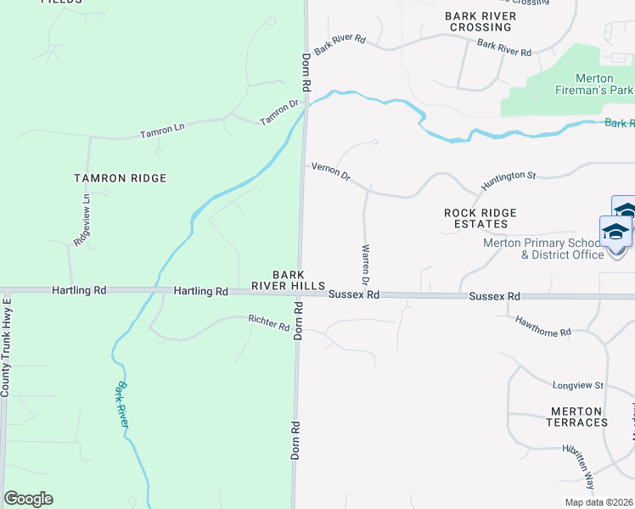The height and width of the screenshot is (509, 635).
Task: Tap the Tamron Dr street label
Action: click(280, 112)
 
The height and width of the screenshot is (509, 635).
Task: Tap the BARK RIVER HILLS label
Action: click(298, 280)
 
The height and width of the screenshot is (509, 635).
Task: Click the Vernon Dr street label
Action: click(331, 172)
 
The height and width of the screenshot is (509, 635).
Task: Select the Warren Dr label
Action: click(366, 265)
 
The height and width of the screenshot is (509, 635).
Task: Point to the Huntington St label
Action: click(509, 180)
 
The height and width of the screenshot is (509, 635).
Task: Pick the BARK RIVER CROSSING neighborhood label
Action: click(480, 21)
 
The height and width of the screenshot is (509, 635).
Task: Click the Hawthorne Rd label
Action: click(543, 327)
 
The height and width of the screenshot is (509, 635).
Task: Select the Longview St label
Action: click(576, 385)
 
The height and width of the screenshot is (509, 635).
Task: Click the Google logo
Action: click(28, 499)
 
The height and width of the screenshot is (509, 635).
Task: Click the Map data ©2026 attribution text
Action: click(598, 502)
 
